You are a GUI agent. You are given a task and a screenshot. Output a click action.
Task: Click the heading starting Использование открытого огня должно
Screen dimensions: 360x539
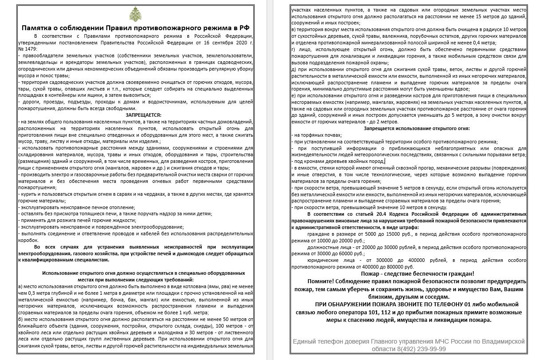click(x=143, y=273)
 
